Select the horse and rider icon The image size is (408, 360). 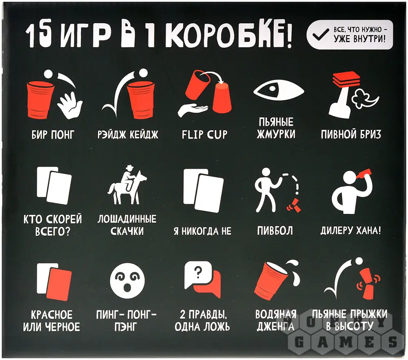(x=127, y=185)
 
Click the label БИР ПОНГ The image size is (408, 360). (x=53, y=135)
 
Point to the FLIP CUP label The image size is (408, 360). (x=204, y=135)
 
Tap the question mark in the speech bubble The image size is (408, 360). (x=198, y=272)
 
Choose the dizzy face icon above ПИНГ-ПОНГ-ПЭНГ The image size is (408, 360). (x=127, y=280)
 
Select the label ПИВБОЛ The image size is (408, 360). (x=275, y=231)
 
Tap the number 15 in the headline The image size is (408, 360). (x=39, y=36)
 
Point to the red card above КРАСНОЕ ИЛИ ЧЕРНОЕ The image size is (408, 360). (x=59, y=285)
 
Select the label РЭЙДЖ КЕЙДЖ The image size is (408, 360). (x=128, y=135)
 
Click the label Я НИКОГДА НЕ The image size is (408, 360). (x=202, y=231)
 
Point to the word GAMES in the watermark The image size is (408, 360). (x=346, y=342)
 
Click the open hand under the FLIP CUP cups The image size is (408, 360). (x=193, y=110)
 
